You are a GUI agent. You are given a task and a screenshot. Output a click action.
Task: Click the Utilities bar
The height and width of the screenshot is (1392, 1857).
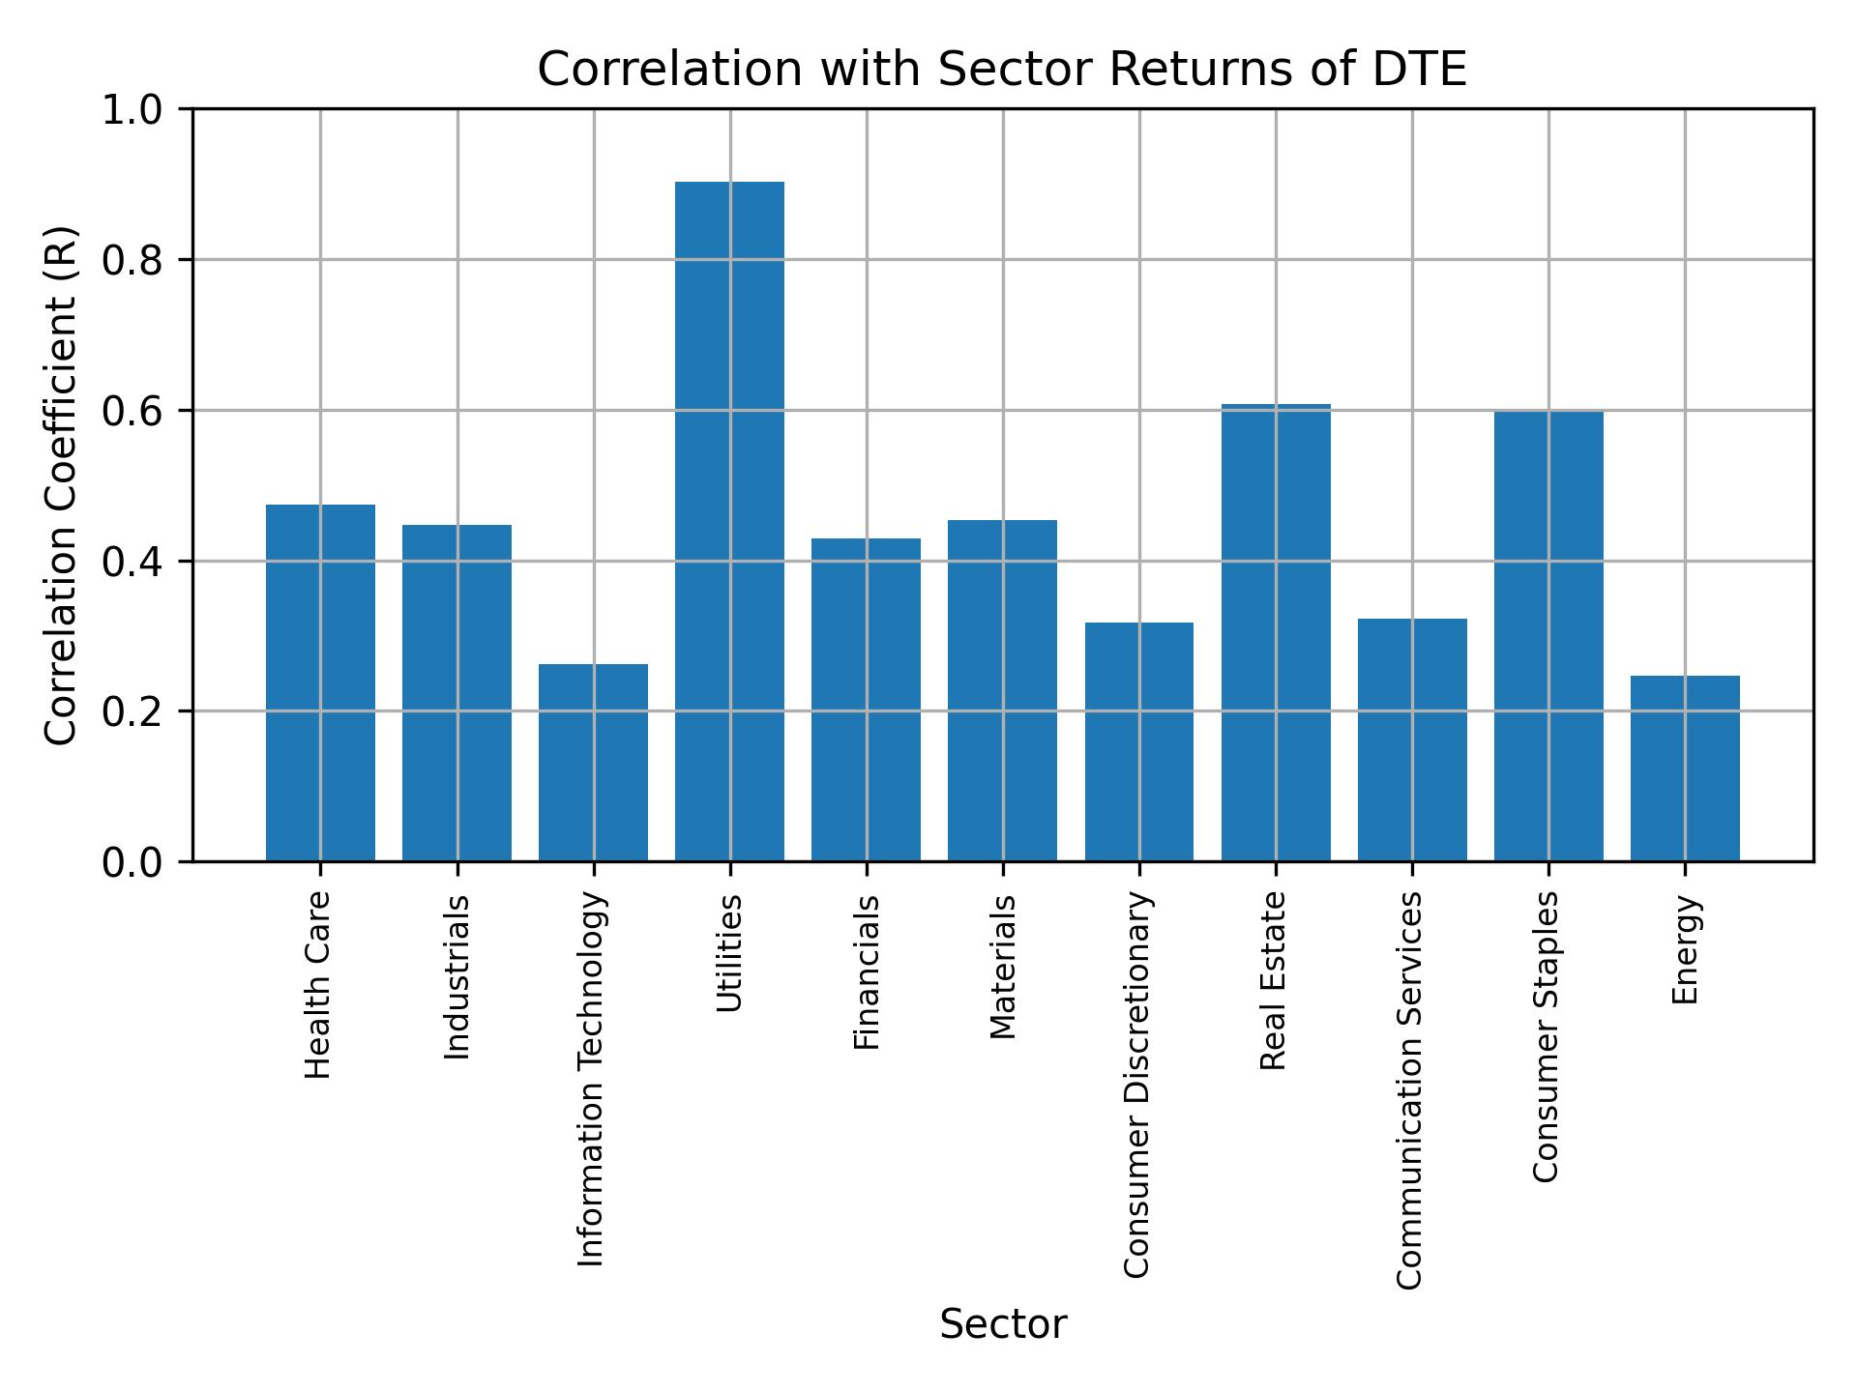point(729,522)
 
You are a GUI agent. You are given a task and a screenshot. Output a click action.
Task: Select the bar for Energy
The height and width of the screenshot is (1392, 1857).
point(1685,768)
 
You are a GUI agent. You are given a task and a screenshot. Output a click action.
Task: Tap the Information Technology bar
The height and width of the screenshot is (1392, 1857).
point(593,763)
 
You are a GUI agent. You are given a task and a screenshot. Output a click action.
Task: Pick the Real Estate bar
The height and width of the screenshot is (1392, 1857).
point(1276,633)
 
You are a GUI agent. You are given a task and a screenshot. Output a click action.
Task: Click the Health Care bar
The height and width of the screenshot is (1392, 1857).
point(320,682)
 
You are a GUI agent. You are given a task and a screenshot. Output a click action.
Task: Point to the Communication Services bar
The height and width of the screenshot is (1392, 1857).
point(1412,739)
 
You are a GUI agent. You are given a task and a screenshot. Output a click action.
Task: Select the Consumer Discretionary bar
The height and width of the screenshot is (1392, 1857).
point(1138,741)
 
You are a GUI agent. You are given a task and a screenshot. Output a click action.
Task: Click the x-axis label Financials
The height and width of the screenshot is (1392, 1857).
point(867,971)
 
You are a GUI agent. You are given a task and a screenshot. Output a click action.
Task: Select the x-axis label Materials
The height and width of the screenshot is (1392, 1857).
point(1003,967)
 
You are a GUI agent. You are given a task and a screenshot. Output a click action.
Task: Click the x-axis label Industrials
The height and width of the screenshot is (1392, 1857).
point(457,977)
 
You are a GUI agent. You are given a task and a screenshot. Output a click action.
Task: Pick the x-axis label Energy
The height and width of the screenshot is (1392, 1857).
point(1685,949)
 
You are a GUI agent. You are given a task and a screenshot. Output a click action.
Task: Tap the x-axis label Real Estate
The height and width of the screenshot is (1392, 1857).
point(1274,980)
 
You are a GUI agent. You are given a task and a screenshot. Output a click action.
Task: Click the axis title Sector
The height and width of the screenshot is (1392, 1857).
point(1003,1324)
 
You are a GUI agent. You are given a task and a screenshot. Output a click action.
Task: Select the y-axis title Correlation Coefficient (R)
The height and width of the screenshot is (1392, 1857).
point(61,485)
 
